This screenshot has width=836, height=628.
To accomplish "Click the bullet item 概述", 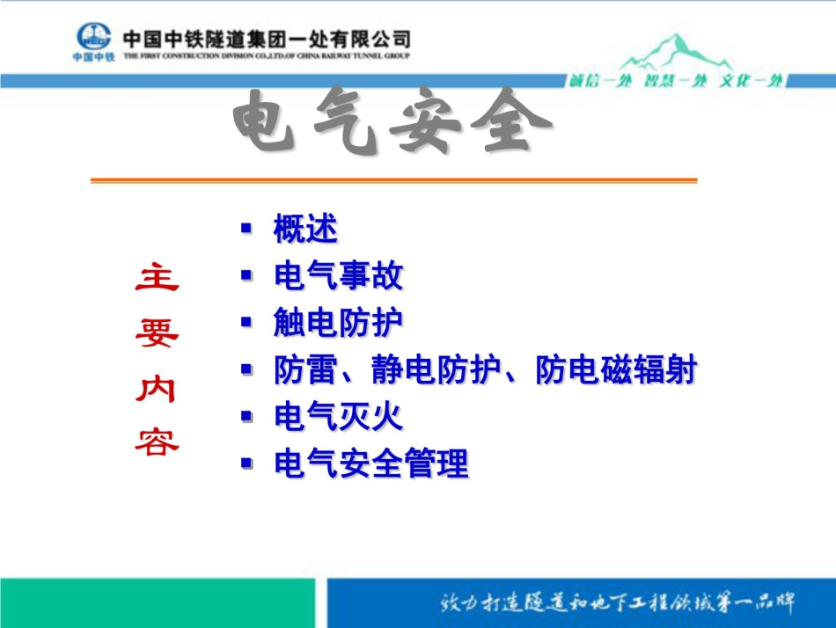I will [304, 230].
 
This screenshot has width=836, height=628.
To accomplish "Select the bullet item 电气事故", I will [338, 276].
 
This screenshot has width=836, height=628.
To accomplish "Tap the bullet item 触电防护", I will [338, 323].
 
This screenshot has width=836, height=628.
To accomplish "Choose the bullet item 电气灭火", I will [338, 416].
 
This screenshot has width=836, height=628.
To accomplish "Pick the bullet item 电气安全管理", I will [370, 463].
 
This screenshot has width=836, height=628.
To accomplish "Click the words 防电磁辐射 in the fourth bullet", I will [615, 370].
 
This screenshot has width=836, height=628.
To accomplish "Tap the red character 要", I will [157, 332].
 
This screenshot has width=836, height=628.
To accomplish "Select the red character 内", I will [157, 387].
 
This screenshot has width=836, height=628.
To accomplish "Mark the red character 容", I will [157, 442].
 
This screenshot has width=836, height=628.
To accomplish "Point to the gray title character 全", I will [512, 124].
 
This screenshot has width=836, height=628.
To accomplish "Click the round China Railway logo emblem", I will [93, 36].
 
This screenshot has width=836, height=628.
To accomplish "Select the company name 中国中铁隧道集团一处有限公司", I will [266, 39].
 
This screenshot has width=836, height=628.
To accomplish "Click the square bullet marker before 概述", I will [246, 228].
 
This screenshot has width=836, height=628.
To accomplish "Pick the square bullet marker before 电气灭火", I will [246, 414].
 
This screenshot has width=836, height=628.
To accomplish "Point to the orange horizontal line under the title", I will [393, 180].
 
